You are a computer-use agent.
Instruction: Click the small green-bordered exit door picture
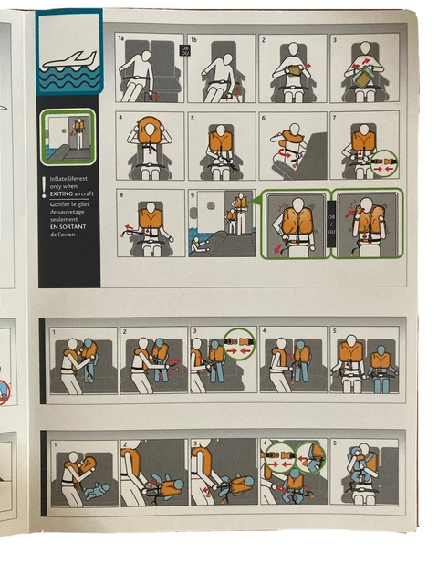click(68, 135)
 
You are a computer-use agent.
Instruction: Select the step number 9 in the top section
click(193, 194)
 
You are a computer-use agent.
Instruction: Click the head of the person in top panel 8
click(149, 200)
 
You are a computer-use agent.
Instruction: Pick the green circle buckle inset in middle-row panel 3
click(237, 347)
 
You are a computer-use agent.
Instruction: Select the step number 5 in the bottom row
click(335, 444)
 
